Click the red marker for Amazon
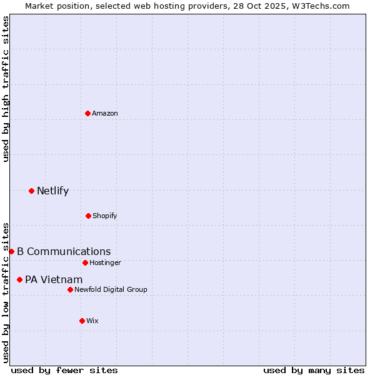(x=87, y=113)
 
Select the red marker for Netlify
(x=31, y=191)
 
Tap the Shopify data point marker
(x=88, y=216)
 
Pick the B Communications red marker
(x=11, y=251)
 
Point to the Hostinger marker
(x=85, y=262)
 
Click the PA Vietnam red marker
(x=19, y=279)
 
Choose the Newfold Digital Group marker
(x=70, y=289)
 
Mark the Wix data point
(x=82, y=321)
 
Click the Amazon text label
(x=105, y=114)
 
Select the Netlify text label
(x=52, y=191)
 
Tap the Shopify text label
(x=105, y=216)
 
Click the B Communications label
(x=64, y=252)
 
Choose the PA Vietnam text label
(x=54, y=280)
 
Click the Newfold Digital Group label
(x=111, y=290)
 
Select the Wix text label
(x=92, y=321)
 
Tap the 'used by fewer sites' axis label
(x=64, y=370)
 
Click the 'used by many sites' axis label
(x=314, y=370)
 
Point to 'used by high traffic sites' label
(x=6, y=89)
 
